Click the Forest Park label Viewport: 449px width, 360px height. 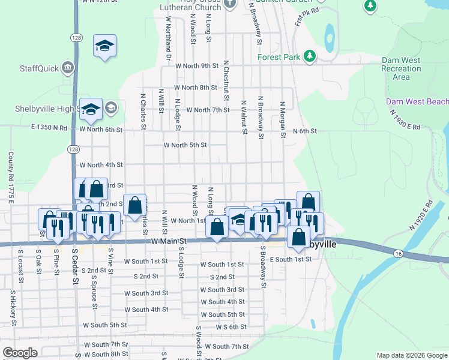coord(278,58)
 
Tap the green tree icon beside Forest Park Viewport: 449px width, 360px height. coord(309,57)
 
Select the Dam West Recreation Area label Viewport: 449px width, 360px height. coord(401,68)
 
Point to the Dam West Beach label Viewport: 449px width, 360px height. coord(417,101)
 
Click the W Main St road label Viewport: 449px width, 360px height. coord(170,241)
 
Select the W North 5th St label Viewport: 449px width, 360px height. coord(185,145)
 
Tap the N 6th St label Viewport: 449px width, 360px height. coord(304,131)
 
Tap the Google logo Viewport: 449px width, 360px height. coord(20,353)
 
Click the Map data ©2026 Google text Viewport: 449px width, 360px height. coord(411,355)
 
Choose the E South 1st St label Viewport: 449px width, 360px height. coord(291,259)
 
